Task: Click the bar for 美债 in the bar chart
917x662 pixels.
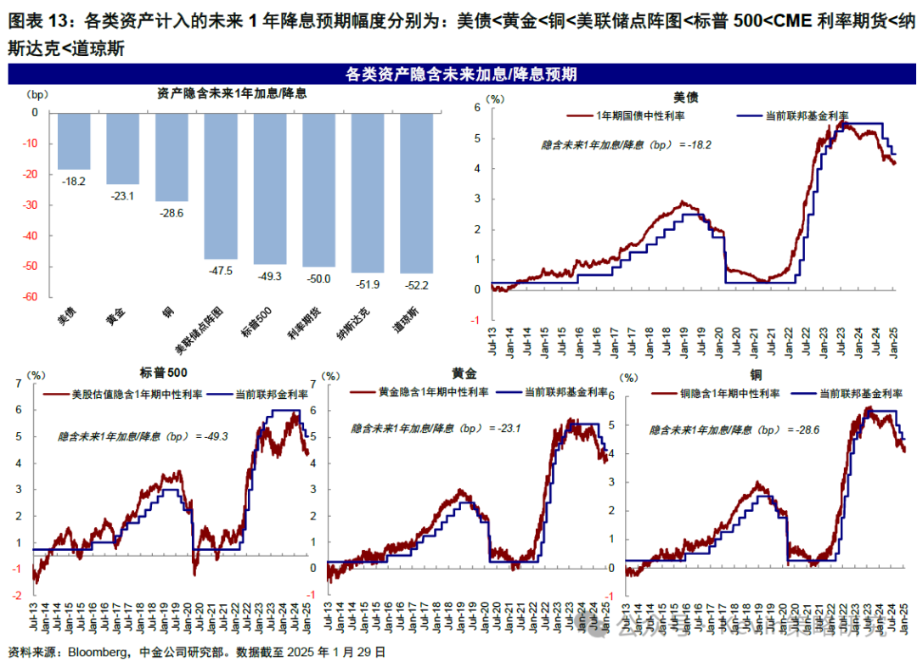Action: point(74,140)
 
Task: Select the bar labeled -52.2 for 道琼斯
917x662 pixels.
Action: point(416,192)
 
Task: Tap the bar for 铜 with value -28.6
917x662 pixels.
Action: point(172,156)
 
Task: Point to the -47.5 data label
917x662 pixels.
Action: point(220,272)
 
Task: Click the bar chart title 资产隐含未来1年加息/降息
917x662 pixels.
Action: point(232,93)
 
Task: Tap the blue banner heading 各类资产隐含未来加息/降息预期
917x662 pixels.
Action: point(462,75)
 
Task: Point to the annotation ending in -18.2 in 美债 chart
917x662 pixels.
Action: point(626,145)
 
